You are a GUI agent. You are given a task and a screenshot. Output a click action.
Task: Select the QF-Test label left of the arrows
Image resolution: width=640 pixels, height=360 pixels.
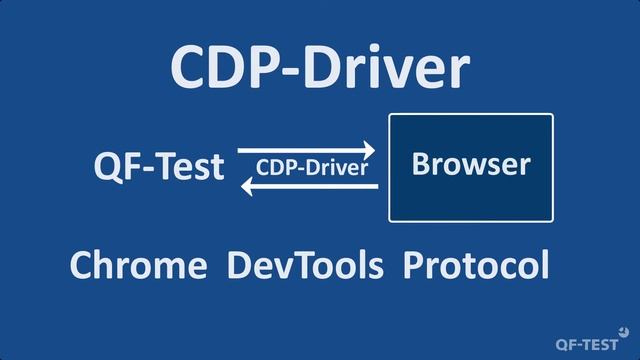[159, 168]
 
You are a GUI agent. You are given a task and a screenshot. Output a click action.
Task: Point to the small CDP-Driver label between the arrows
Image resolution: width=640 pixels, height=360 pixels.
[312, 167]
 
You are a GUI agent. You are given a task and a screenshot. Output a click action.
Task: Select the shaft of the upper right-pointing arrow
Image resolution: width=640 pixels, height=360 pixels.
[300, 150]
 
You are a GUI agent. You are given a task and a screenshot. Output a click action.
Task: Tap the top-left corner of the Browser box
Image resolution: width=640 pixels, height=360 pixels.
[391, 116]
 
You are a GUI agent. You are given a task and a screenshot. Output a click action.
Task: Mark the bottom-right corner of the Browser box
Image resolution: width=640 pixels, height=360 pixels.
[551, 219]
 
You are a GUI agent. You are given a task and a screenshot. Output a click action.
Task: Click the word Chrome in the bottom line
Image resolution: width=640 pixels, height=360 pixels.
[138, 266]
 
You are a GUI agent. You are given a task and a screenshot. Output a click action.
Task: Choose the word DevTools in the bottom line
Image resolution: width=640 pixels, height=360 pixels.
[305, 266]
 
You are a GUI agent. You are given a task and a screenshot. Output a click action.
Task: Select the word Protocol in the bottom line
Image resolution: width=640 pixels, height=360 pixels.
[476, 266]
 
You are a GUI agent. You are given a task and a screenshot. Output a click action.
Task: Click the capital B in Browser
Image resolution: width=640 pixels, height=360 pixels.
[421, 163]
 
